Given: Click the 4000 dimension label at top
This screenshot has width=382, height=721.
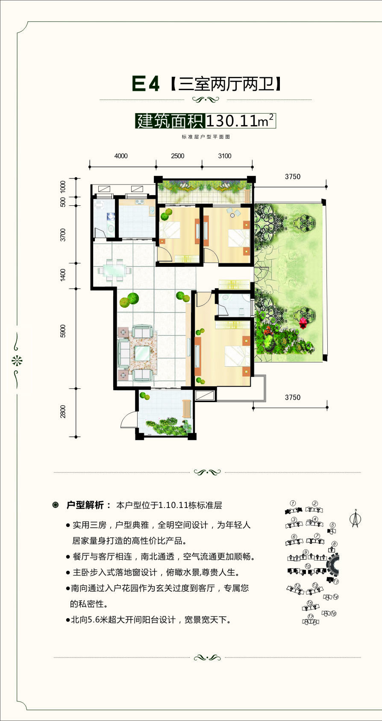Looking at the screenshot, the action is click(x=121, y=156).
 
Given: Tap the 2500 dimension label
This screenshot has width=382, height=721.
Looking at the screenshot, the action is click(x=177, y=156).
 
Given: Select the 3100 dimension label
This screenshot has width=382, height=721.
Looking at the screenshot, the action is click(x=224, y=156).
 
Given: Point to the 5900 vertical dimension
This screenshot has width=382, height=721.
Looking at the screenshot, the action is click(x=63, y=331).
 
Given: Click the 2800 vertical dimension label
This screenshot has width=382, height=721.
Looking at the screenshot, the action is click(x=63, y=412).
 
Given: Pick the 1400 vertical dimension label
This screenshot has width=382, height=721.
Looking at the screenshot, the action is click(x=63, y=275).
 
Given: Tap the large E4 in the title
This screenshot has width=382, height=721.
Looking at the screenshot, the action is click(x=146, y=85).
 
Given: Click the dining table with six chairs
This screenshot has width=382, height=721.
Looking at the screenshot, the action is click(x=115, y=270).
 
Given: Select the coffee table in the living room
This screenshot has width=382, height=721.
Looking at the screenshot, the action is click(x=142, y=353).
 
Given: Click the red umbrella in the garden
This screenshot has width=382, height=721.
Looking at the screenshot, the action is click(x=303, y=323).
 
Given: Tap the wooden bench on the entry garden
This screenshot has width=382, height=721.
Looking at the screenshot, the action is click(x=186, y=409).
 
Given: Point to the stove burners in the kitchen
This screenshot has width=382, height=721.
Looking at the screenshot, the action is click(x=139, y=202).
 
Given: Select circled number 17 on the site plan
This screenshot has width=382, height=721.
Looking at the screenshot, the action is click(x=311, y=617).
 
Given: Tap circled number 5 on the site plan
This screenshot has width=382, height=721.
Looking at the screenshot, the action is click(x=333, y=525).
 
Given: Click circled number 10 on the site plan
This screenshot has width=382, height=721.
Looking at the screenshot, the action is click(x=308, y=566).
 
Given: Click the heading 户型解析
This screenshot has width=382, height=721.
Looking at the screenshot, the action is click(x=85, y=505).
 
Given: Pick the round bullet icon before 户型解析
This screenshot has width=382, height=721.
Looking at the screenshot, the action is click(x=56, y=505).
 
